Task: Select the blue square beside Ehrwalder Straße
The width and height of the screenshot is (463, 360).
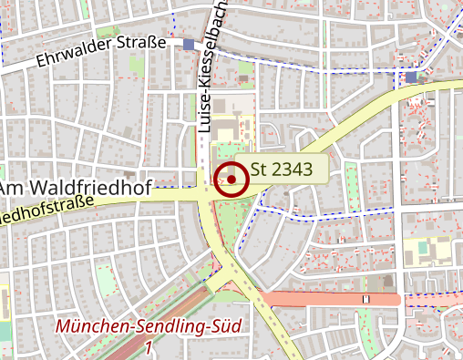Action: [189, 44]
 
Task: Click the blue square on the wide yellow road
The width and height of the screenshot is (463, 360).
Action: [411, 77]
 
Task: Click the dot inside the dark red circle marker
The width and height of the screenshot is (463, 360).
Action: [232, 180]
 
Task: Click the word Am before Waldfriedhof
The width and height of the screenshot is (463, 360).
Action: [12, 188]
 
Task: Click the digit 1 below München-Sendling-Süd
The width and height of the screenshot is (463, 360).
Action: [148, 347]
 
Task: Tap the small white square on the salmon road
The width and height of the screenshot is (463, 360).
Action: [366, 299]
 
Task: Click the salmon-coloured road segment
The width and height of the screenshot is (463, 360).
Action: [319, 299]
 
